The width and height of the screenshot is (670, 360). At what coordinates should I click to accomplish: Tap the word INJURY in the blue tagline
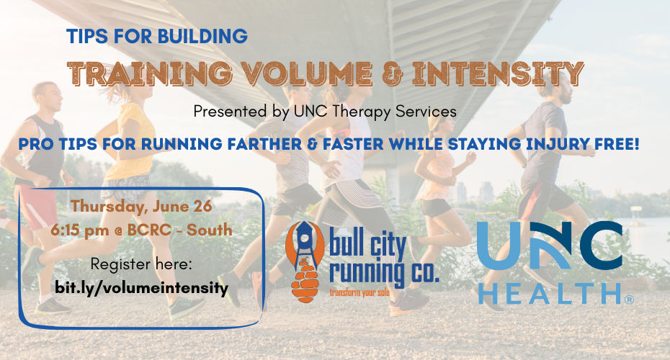(x=556, y=144)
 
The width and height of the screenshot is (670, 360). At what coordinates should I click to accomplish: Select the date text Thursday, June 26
(x=141, y=207)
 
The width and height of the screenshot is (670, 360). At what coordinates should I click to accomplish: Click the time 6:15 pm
(x=79, y=230)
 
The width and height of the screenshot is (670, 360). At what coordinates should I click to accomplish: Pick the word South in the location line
(x=210, y=230)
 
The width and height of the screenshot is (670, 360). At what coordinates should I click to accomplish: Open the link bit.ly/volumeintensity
(x=142, y=288)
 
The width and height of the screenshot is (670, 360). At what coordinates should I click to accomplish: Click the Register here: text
(x=141, y=265)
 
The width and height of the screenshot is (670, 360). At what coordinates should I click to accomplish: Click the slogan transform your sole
(x=359, y=293)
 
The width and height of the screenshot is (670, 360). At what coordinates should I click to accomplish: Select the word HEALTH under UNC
(x=550, y=293)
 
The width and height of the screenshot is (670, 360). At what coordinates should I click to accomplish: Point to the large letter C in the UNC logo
(x=597, y=246)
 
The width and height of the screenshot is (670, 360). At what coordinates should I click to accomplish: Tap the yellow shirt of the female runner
(x=132, y=142)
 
